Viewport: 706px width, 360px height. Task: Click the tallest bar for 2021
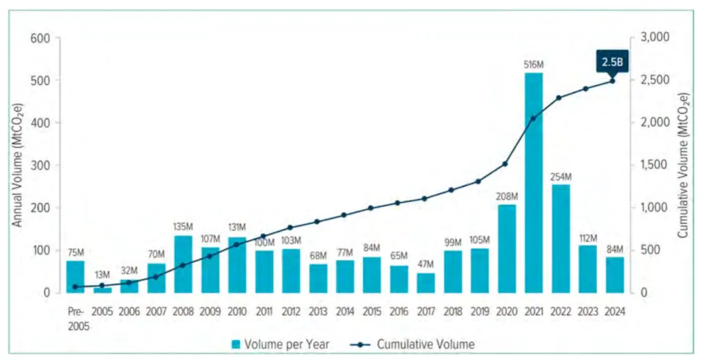[534, 183]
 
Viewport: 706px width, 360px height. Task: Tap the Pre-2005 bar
[76, 277]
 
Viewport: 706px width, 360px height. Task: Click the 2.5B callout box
[611, 63]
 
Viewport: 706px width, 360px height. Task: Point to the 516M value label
[534, 65]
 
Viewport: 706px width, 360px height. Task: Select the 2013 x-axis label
[318, 311]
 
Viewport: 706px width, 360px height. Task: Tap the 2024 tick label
[614, 311]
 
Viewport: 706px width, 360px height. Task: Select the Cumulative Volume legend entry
[414, 343]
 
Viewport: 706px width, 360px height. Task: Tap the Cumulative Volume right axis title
[682, 166]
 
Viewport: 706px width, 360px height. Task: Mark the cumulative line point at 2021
[534, 119]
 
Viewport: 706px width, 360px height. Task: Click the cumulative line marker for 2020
[507, 164]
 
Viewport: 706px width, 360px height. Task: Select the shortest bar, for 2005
[103, 290]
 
